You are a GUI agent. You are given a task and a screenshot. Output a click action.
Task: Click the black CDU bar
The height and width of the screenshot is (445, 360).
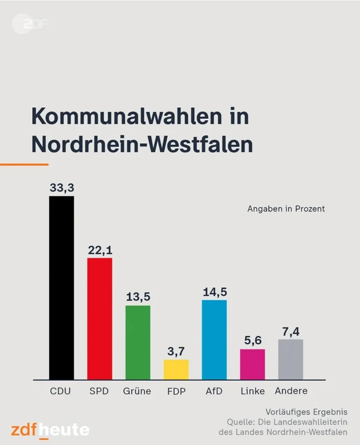[61, 287]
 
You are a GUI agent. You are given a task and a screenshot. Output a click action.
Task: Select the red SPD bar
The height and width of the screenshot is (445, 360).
[100, 319]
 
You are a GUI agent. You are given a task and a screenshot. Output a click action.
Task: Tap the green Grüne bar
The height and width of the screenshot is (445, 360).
[138, 342]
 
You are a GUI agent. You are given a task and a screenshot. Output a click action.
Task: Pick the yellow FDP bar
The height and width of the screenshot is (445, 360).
[176, 369]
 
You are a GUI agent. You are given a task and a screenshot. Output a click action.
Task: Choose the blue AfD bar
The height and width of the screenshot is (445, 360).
[214, 340]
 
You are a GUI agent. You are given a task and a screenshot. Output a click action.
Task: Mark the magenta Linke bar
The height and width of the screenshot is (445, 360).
[252, 364]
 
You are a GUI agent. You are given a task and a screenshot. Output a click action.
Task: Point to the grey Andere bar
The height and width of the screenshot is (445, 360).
[291, 359]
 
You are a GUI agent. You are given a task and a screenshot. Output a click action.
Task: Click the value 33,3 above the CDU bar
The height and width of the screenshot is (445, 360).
[61, 188]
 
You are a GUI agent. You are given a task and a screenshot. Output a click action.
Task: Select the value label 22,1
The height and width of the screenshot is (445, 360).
[100, 250]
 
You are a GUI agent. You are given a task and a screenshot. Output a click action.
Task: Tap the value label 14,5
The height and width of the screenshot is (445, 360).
[214, 292]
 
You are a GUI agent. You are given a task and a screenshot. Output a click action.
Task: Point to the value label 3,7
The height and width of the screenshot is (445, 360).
[176, 351]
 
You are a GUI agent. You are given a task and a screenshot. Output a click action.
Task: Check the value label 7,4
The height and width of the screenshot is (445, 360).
[291, 331]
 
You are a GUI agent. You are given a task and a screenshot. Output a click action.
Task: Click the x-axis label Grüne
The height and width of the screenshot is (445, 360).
[137, 391]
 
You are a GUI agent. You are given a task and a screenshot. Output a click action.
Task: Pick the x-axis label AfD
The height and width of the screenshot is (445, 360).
[214, 391]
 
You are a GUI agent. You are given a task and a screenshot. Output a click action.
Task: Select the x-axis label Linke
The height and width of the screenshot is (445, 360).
[252, 391]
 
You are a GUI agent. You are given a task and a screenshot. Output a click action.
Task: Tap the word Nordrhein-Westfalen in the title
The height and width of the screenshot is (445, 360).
[142, 144]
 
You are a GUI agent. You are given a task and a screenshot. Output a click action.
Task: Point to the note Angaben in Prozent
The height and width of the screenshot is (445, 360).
[286, 209]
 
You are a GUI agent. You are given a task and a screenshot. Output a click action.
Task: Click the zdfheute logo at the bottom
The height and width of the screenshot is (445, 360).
[50, 430]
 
